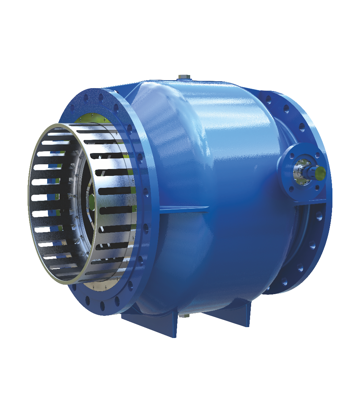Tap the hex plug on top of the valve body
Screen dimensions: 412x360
[x=183, y=78]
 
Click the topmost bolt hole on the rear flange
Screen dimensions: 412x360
[x=269, y=98]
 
